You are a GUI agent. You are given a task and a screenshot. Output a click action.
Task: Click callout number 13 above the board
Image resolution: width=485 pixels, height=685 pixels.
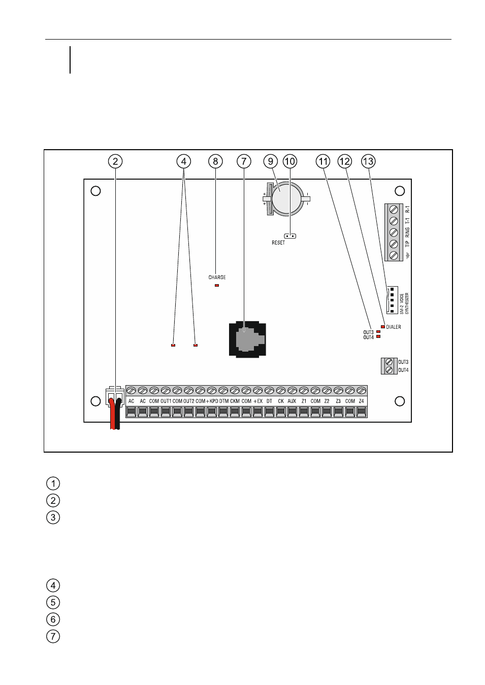tap(368, 161)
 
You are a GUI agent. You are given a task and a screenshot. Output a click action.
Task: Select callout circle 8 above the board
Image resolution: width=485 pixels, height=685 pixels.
tap(215, 161)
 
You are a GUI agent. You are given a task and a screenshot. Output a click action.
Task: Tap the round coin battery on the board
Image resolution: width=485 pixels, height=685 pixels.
tap(287, 199)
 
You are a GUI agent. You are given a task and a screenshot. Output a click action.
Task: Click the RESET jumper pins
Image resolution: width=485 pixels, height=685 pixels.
tap(290, 236)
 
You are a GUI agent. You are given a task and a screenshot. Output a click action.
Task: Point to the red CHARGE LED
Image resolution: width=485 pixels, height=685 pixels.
tap(217, 285)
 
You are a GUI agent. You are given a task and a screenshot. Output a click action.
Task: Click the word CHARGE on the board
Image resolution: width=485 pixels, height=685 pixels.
tap(217, 278)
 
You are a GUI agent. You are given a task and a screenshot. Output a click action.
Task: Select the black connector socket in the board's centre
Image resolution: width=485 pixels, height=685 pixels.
tap(247, 339)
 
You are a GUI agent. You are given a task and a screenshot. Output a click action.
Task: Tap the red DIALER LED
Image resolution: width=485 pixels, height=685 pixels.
tap(383, 327)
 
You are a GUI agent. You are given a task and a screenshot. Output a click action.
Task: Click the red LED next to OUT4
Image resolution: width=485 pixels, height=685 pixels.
tap(378, 336)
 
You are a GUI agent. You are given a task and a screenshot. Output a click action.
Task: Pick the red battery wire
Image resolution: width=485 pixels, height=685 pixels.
tap(113, 414)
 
